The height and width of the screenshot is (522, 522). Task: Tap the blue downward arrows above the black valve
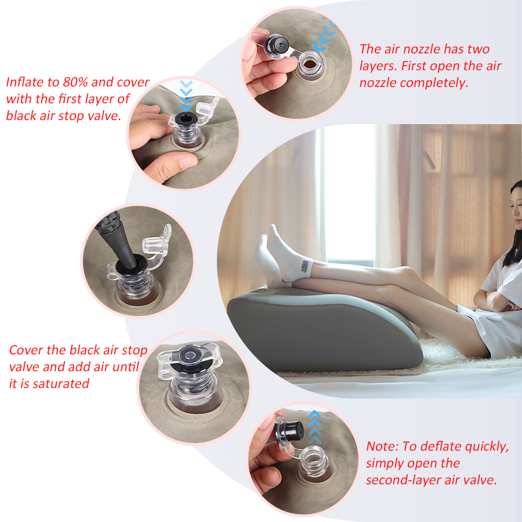point(186,96)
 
